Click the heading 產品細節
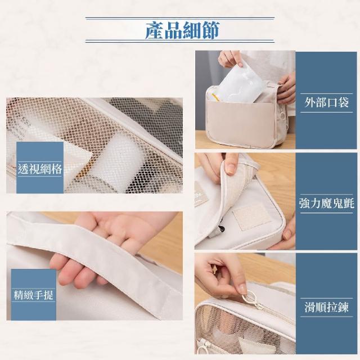coord(182,30)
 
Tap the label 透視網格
coord(40,169)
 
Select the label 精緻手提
coord(34,295)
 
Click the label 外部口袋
coord(326,102)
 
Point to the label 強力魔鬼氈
coord(326,204)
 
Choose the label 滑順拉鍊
coord(326,307)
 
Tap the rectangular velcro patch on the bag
coord(252,216)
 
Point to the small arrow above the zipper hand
coord(214,269)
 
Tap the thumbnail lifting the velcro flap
coord(229,169)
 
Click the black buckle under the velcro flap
coord(221,229)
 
